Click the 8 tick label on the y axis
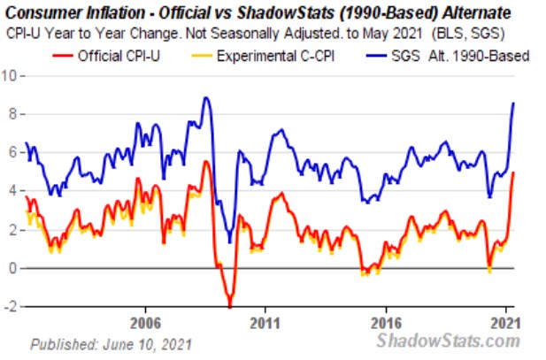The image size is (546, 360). pos(12,114)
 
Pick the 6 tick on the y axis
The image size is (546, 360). pos(12,152)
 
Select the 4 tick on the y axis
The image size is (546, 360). pos(12,191)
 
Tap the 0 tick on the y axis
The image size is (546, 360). pos(12,268)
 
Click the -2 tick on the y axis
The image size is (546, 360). pos(10,307)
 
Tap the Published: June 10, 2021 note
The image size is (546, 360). pos(110,342)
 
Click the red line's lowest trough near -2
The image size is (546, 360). pos(230,307)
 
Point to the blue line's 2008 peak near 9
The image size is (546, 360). pos(206,97)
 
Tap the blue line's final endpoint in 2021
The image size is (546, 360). pos(513,103)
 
